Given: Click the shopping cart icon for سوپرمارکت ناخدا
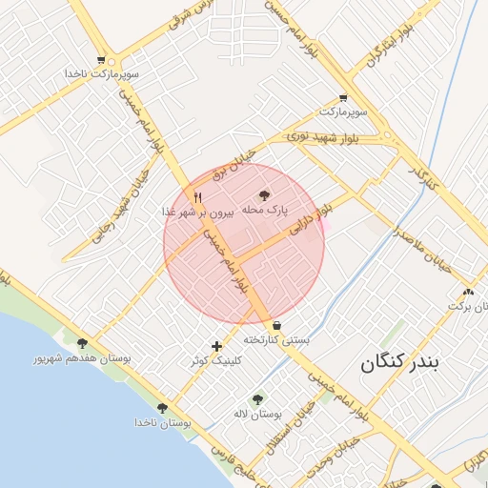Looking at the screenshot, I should tap(101, 60).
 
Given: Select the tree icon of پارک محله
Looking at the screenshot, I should tap(265, 195).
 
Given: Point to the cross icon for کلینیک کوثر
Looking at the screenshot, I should tap(217, 346).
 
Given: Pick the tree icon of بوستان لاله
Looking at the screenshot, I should tap(256, 399).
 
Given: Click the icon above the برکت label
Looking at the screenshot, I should tap(467, 292).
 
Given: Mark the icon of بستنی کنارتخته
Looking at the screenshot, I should tap(276, 324).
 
